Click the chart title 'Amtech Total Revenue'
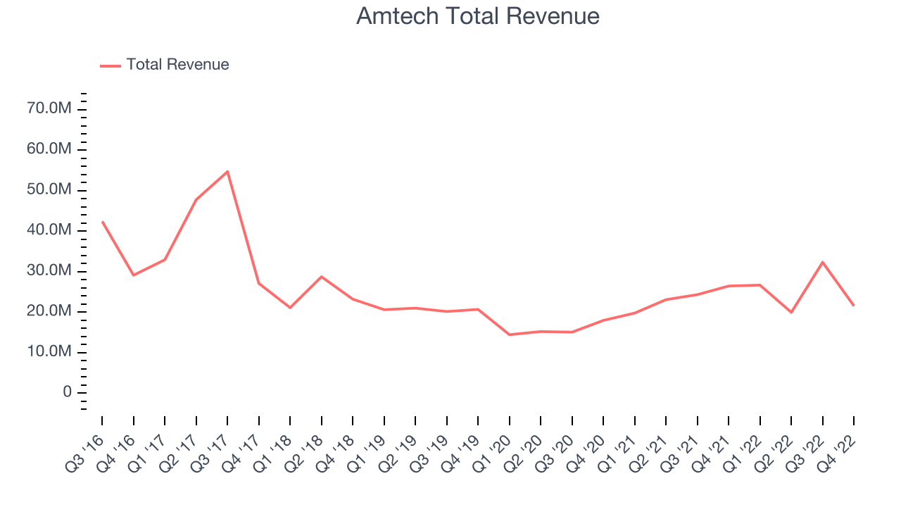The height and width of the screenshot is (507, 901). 478,16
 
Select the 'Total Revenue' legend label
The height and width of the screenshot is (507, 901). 177,65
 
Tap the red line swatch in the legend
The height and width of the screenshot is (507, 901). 111,65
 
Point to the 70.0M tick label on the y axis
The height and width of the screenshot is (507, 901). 49,108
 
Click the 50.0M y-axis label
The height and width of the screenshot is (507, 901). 49,190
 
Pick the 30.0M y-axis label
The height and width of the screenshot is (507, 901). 49,271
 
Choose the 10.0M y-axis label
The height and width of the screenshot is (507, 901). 49,352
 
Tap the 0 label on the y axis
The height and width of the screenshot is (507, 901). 68,392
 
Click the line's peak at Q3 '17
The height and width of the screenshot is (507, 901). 227,171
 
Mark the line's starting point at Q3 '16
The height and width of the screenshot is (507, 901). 102,221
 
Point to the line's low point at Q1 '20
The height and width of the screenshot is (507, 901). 510,334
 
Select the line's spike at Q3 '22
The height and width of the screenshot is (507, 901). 823,262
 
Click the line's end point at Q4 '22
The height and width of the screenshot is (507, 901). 854,306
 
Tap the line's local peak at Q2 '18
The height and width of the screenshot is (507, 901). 322,277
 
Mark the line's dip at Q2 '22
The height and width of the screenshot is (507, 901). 791,312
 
